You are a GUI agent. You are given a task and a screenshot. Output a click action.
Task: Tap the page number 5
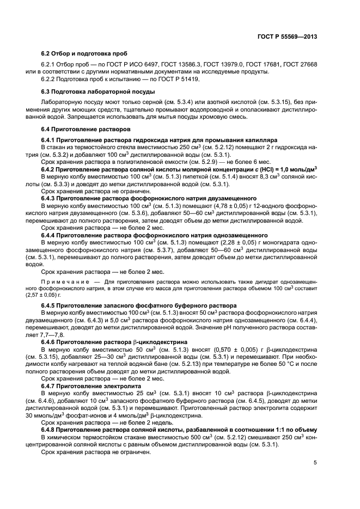click(x=315, y=463)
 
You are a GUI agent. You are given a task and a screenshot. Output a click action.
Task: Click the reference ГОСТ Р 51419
click(x=181, y=79)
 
